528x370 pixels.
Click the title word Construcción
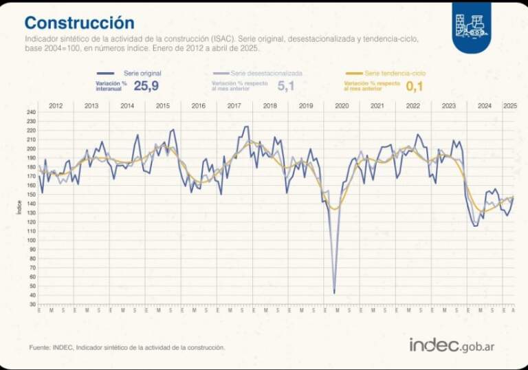pyautogui.click(x=80, y=23)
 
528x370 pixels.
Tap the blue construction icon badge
pyautogui.click(x=471, y=26)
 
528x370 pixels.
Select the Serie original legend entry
pyautogui.click(x=140, y=73)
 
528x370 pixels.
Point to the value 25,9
pyautogui.click(x=146, y=86)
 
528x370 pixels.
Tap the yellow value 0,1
pyautogui.click(x=415, y=86)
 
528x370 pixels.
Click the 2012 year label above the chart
pyautogui.click(x=56, y=106)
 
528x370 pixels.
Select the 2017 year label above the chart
pyautogui.click(x=234, y=106)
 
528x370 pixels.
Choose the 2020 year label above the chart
pyautogui.click(x=341, y=106)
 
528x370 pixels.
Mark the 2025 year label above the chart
pyautogui.click(x=510, y=106)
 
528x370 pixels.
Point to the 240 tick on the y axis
pyautogui.click(x=31, y=112)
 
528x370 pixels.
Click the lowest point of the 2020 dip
pyautogui.click(x=334, y=293)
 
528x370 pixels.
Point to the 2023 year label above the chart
pyautogui.click(x=448, y=106)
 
